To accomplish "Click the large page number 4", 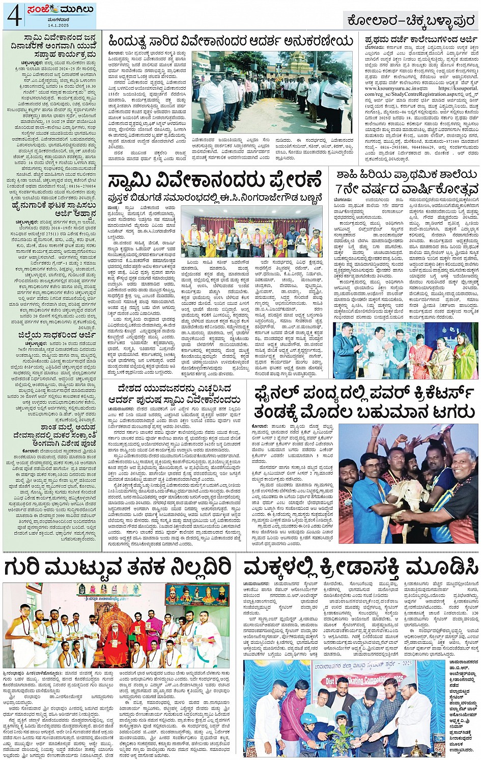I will click(13, 15).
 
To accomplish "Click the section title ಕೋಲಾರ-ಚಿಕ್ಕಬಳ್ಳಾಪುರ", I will click(410, 21).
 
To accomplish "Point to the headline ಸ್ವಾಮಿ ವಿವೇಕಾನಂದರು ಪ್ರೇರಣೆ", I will click(215, 181).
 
